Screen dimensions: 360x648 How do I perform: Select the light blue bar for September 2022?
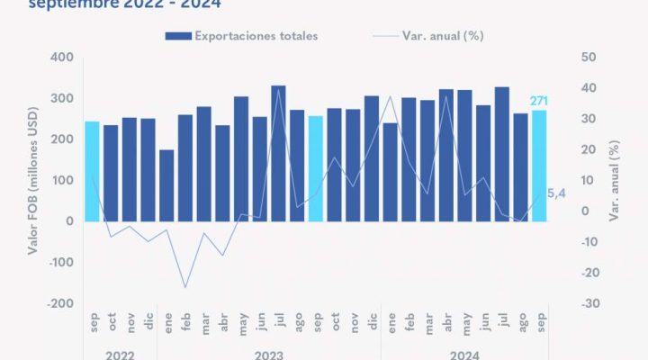(93, 171)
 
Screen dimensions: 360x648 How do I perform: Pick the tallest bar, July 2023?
(278, 153)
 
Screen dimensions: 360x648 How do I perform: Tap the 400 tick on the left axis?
(62, 57)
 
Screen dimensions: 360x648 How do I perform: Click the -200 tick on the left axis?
(62, 303)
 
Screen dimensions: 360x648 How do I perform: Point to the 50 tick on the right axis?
(589, 57)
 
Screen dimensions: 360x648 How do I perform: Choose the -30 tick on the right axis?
(589, 303)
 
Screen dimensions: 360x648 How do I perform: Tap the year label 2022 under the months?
(121, 354)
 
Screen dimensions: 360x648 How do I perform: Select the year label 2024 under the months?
(464, 354)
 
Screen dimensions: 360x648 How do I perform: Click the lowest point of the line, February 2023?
(185, 288)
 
